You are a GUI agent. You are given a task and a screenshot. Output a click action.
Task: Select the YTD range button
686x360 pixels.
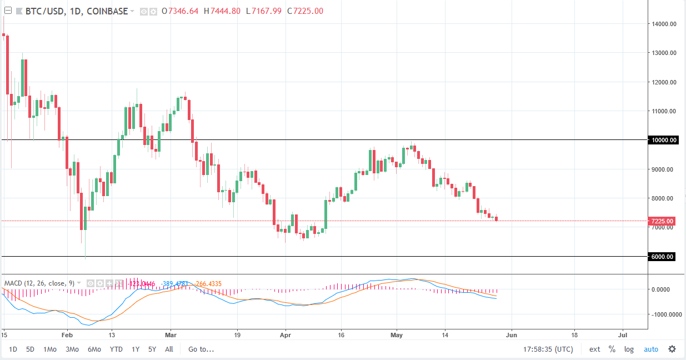(x=116, y=349)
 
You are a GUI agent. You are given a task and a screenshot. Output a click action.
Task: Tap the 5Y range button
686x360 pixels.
(x=152, y=349)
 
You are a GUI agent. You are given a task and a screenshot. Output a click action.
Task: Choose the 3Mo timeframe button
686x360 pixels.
(x=72, y=349)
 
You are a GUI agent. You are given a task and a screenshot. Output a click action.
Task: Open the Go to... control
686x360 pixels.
(x=201, y=349)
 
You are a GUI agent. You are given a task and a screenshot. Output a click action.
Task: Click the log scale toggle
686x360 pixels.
(x=629, y=349)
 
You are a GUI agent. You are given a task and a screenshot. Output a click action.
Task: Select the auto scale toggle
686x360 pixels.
(x=650, y=349)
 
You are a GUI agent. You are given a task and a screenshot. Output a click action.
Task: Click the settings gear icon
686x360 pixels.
(x=672, y=349)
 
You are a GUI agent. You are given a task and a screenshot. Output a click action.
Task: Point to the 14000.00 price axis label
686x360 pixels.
(x=664, y=24)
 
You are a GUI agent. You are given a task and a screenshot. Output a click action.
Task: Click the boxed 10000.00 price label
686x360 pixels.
(x=664, y=141)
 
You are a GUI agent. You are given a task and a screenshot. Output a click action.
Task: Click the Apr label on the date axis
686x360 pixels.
(x=286, y=336)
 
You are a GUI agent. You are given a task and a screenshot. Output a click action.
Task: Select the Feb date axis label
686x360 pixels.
(x=67, y=336)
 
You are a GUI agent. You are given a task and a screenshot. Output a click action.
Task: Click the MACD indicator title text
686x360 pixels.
(x=39, y=283)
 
